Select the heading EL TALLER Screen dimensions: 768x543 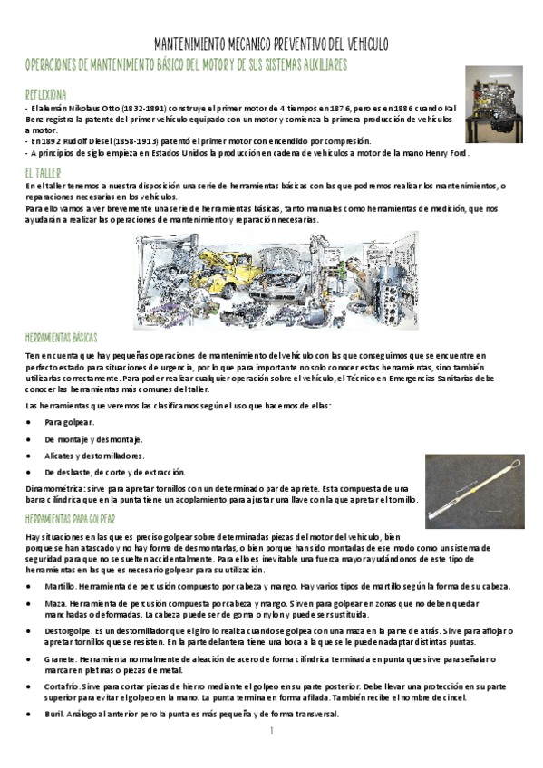(43, 171)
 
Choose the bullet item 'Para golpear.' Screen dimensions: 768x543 (67, 422)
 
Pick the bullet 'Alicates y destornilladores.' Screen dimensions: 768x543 (95, 455)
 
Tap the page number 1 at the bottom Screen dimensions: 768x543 (271, 730)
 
